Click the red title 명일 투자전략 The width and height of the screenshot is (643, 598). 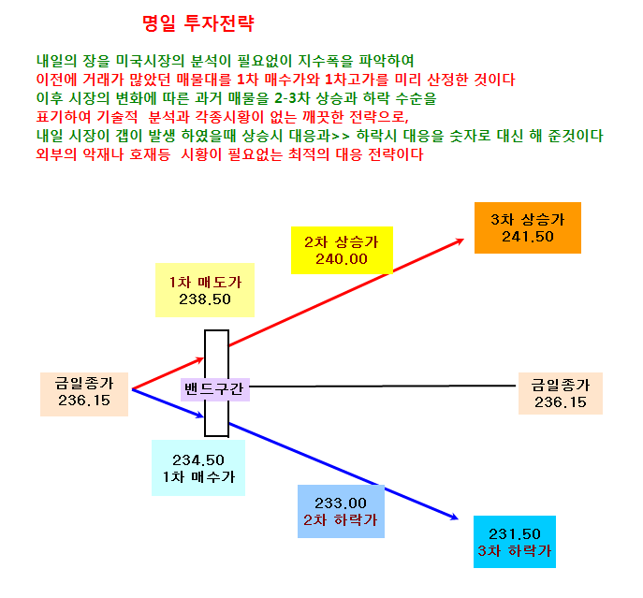[x=198, y=23]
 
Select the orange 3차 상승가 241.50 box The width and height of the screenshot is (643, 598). [x=527, y=227]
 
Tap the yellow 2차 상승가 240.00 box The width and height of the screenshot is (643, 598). [x=342, y=250]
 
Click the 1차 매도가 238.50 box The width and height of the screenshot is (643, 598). [x=205, y=290]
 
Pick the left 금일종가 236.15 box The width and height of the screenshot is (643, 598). [x=84, y=394]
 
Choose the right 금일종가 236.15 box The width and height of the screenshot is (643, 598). [x=560, y=393]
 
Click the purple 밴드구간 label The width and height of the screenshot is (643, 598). [x=215, y=389]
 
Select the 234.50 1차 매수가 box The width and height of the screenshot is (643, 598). [x=198, y=468]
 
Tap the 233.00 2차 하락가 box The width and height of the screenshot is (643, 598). [x=341, y=511]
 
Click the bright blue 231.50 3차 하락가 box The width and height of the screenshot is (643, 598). [x=514, y=542]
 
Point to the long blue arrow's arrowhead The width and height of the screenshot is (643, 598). [x=458, y=519]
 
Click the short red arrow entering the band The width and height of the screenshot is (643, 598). [x=168, y=373]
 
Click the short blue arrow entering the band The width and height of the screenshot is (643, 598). [x=168, y=403]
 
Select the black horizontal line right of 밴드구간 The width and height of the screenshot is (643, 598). [x=383, y=386]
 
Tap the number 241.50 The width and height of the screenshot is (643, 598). [x=528, y=237]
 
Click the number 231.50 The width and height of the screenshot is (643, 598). [x=514, y=534]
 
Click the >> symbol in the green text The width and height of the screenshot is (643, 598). [x=340, y=136]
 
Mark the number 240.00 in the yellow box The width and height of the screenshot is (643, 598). [x=342, y=259]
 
